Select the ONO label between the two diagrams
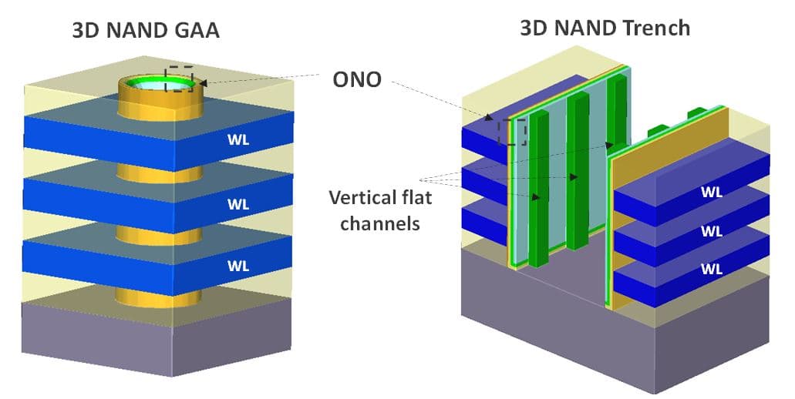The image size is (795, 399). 357,79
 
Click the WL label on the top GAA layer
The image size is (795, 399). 239,141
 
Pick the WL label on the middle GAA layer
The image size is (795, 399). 239,204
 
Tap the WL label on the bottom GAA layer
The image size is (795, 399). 239,266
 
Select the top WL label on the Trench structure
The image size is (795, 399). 711,193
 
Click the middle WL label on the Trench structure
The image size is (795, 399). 711,231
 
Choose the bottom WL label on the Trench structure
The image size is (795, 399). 711,269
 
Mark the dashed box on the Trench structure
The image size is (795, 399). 511,132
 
